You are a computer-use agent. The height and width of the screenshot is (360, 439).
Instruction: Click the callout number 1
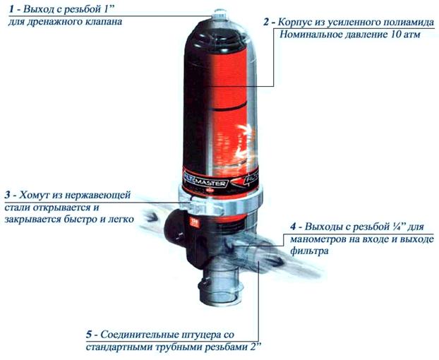[x=12, y=9]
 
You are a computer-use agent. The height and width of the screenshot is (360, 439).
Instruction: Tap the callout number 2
[x=266, y=23]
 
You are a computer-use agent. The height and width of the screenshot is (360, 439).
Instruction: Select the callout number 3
[x=8, y=194]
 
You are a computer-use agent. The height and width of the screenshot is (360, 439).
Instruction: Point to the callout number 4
[x=293, y=226]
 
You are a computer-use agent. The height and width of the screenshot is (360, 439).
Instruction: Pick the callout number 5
[x=89, y=335]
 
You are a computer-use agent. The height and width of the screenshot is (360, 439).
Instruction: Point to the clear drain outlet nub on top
[x=219, y=14]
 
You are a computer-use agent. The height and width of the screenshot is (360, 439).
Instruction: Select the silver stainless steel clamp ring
[x=220, y=200]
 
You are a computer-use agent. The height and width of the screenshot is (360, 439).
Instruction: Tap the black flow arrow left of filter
[x=151, y=217]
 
